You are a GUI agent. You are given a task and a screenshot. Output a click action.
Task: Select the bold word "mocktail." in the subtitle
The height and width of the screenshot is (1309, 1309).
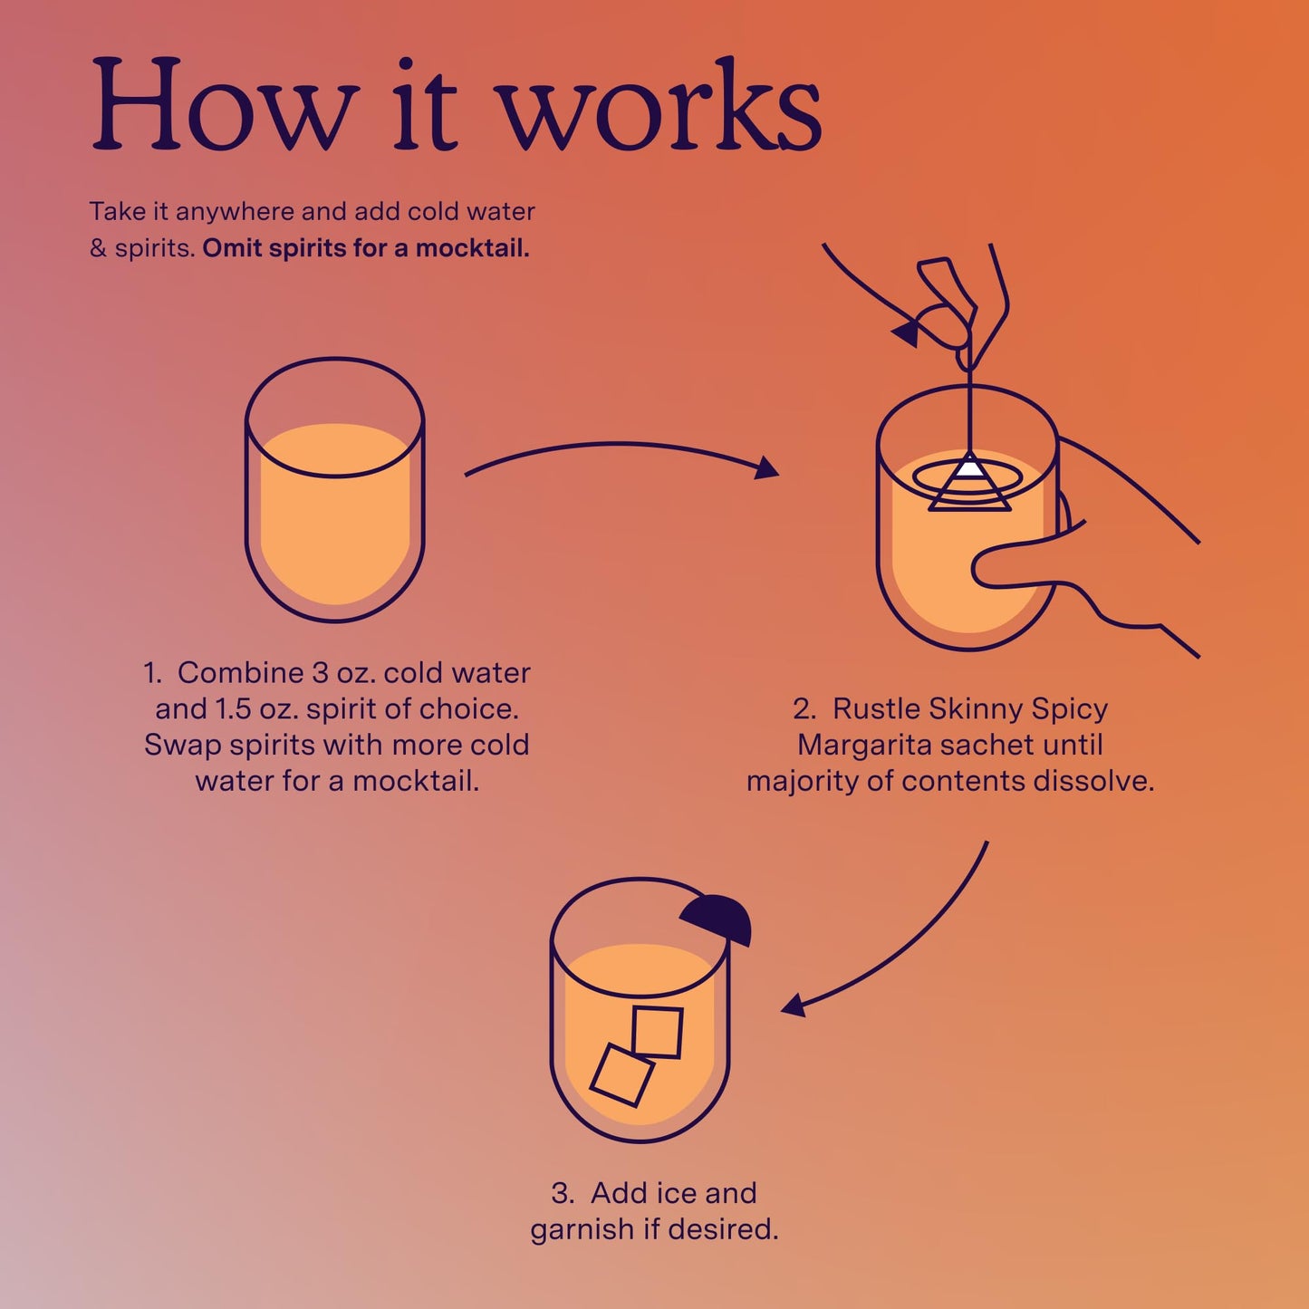pyautogui.click(x=472, y=248)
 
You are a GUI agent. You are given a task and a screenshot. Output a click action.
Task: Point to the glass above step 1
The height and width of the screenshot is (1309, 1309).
pyautogui.click(x=335, y=489)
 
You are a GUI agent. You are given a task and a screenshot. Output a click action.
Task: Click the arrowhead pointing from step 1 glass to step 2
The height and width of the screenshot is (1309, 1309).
pyautogui.click(x=767, y=468)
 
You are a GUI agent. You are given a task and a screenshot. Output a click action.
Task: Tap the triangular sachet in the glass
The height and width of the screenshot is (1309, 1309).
pyautogui.click(x=969, y=483)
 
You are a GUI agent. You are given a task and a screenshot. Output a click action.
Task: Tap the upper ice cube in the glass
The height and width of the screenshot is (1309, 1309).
pyautogui.click(x=657, y=1032)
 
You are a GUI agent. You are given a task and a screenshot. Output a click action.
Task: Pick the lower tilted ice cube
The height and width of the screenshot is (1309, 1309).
pyautogui.click(x=621, y=1074)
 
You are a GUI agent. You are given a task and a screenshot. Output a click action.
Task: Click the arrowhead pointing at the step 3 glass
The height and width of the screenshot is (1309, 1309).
pyautogui.click(x=794, y=1005)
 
